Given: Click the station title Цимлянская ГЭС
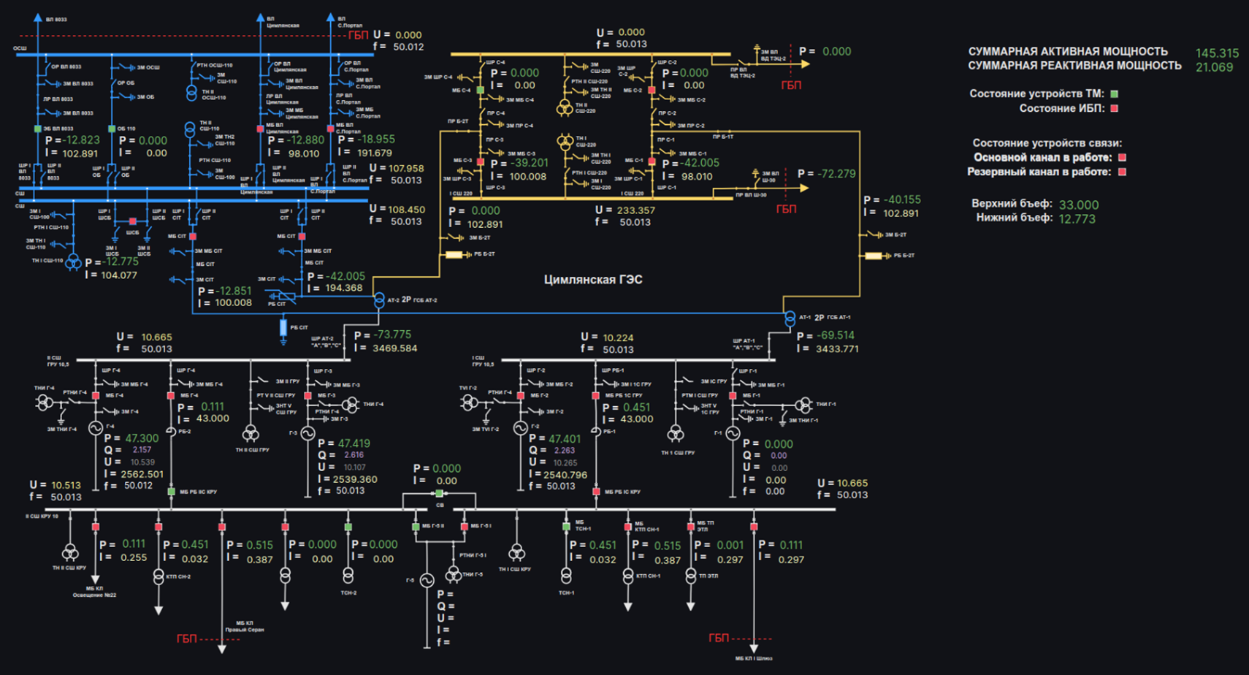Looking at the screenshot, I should point(593,280).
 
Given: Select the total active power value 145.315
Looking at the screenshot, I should point(1217,53).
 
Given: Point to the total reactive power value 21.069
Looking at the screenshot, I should point(1214,67).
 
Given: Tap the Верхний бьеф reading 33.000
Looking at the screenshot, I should point(1078,205).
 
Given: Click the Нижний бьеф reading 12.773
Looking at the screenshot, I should point(1076,218).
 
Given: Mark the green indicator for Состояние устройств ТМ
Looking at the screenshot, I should point(1115,94).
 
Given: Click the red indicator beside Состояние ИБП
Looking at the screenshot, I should point(1115,109).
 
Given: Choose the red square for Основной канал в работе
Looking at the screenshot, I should point(1123,158).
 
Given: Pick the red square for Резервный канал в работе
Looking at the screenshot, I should point(1123,172).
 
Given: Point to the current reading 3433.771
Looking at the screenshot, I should point(830,349).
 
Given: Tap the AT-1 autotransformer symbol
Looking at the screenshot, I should point(790,319).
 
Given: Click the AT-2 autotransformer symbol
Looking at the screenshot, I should point(379,300).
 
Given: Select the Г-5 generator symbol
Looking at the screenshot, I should point(427,581).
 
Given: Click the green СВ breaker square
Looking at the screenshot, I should point(440,494).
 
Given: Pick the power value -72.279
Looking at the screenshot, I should point(831,174).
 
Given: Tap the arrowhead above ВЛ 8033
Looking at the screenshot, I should point(38,16).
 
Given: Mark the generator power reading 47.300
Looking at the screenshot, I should point(142,438).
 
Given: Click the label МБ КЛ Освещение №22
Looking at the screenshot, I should point(94,592).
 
